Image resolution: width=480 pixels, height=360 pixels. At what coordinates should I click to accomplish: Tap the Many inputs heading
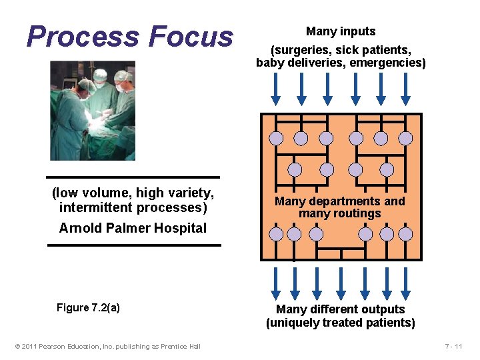tap(341, 31)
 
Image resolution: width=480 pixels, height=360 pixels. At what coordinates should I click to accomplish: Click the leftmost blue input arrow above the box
tap(275, 89)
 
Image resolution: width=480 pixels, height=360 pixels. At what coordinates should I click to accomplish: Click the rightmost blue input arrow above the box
tap(406, 89)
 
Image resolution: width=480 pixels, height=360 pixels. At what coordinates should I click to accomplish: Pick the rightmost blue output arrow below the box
tap(406, 283)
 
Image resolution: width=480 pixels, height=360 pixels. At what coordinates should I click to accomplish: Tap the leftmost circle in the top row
tap(276, 139)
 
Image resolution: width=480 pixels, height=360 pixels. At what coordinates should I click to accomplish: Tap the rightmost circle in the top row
tap(405, 139)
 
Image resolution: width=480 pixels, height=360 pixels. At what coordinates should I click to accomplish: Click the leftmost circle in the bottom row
tap(276, 234)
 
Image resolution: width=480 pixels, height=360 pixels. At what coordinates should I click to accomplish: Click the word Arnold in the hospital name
tap(79, 228)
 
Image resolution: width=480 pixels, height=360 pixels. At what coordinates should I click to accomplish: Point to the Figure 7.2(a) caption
tap(88, 307)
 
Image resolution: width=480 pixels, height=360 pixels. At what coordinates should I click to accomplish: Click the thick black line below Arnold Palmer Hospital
tap(133, 245)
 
